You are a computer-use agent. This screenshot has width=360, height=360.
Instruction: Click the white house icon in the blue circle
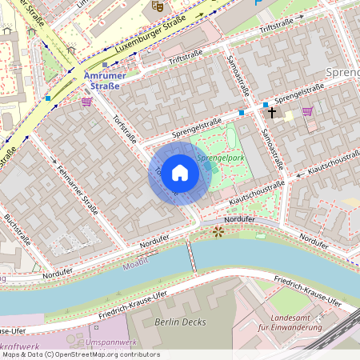[179, 173]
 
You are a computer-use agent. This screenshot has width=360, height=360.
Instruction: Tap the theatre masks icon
[158, 5]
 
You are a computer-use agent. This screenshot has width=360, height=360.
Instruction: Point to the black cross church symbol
[271, 113]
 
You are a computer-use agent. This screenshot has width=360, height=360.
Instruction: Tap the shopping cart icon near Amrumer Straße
[86, 102]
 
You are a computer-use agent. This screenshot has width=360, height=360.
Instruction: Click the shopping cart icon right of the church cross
[307, 112]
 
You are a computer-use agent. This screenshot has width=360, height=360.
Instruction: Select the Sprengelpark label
[220, 158]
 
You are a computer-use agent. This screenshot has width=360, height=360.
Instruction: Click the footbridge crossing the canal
[191, 256]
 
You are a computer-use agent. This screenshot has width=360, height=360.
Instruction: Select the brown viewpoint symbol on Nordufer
[218, 231]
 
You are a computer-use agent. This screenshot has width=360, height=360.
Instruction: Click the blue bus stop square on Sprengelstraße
[242, 113]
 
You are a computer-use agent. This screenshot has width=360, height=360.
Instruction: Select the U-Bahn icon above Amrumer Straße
[105, 65]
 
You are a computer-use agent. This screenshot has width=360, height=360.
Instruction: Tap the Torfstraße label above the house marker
[125, 126]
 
